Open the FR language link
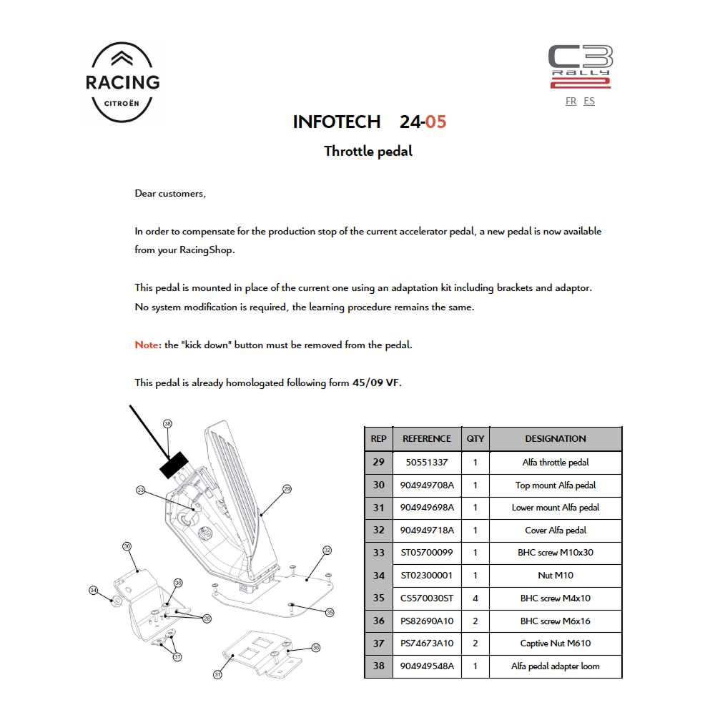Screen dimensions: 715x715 coord(571,102)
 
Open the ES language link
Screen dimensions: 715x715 coord(589,102)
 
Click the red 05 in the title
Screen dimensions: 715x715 coord(435,122)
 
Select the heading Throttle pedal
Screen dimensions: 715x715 coord(368,152)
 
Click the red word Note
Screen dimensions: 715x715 coord(146,345)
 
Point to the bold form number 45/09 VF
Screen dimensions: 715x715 coord(376,383)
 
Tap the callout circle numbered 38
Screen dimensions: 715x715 coord(168,424)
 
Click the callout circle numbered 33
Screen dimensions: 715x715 coord(141,490)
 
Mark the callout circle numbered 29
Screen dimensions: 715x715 coord(287,490)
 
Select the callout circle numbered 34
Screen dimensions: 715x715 coord(94,591)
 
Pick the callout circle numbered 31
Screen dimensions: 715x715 coord(217,674)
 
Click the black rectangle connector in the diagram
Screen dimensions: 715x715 coord(172,465)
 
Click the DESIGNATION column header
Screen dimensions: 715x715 coord(555,439)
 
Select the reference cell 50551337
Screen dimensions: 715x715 coord(426,463)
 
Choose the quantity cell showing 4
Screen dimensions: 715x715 coord(475,598)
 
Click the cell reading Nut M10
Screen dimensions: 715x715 coord(555,576)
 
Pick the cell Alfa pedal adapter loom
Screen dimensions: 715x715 coord(555,666)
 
